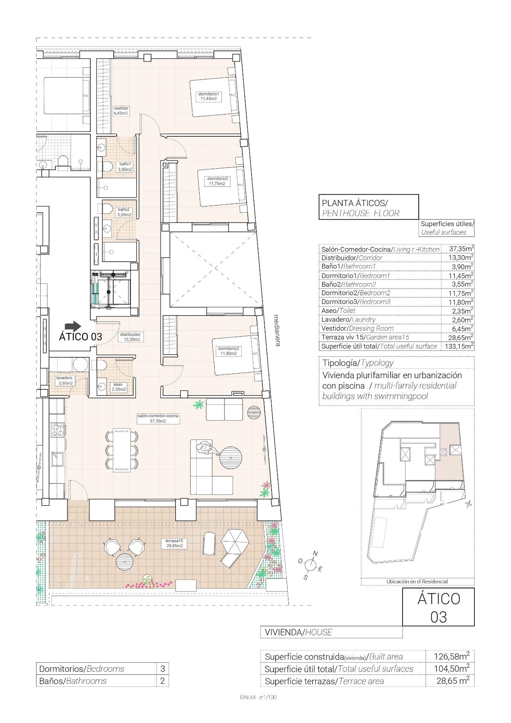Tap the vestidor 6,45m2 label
pyautogui.click(x=121, y=110)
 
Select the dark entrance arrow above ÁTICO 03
pyautogui.click(x=73, y=326)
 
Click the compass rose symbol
pyautogui.click(x=310, y=564)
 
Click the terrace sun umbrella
pyautogui.click(x=235, y=540)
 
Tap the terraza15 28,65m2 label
pyautogui.click(x=174, y=543)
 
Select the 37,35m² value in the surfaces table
pyautogui.click(x=461, y=249)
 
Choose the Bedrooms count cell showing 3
pyautogui.click(x=163, y=669)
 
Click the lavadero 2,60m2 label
pyautogui.click(x=64, y=380)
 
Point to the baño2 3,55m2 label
pyautogui.click(x=124, y=212)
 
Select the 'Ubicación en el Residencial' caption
pyautogui.click(x=417, y=581)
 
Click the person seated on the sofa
pyautogui.click(x=205, y=448)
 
